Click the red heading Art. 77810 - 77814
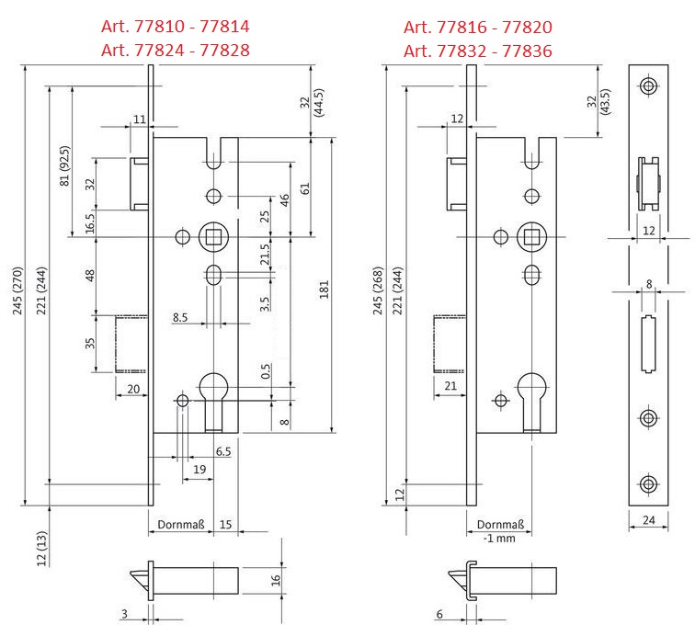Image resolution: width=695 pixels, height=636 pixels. coord(175,27)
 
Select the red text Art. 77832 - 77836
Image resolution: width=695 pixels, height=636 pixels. coord(478,51)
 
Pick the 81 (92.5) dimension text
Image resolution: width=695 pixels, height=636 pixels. coord(63,165)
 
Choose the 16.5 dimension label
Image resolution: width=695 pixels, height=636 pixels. coord(90,221)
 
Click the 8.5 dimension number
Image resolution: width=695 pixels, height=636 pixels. coord(181,317)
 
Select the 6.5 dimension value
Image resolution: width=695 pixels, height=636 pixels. coord(222,452)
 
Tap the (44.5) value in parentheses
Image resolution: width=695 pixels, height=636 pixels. coord(319,107)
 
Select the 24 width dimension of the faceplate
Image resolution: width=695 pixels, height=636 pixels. coord(648,522)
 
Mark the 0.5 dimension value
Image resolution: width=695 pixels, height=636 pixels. coord(265,372)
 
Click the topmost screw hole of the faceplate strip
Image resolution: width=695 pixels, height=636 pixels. coord(649,87)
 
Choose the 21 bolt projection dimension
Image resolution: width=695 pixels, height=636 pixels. coord(450,386)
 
